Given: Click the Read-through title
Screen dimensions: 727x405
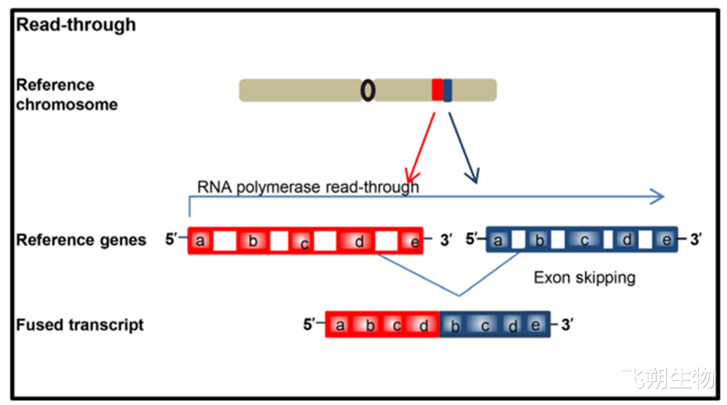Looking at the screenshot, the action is point(76,25).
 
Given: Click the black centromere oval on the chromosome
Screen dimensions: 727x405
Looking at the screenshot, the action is point(368,91).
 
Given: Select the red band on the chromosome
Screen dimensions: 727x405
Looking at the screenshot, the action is point(438,89).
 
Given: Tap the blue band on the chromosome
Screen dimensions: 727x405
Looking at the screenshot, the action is point(447,90).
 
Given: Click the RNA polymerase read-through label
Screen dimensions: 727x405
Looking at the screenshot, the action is point(308,187).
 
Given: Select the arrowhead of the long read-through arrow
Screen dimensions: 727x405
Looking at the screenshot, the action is point(658,196).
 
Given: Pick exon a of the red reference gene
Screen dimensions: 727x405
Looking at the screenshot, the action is point(201,241).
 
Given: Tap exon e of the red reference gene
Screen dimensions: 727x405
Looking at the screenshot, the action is point(410,241).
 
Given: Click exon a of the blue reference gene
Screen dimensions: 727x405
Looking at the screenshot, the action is point(499,240).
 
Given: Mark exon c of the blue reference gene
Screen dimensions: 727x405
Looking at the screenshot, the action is point(584,240).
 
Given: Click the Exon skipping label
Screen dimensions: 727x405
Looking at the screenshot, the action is point(584,278).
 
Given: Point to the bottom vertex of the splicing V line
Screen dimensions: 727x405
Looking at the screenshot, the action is point(459,296).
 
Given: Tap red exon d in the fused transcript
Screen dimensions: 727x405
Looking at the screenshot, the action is point(423,325).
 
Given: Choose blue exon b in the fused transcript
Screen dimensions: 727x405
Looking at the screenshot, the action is point(454,325).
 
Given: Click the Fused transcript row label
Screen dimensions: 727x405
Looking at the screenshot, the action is point(80,325).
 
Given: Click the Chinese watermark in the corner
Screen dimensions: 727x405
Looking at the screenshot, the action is point(669,378).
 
